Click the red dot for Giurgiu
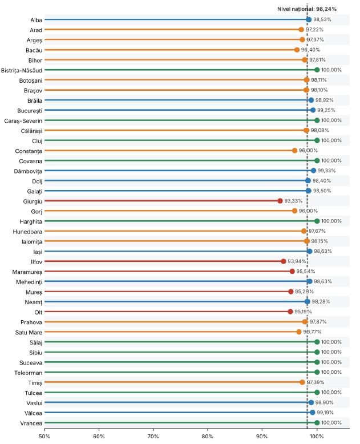pos(280,201)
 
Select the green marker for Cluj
pos(317,140)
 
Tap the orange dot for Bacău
pos(297,50)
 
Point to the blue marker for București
pos(313,110)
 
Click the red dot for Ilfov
pos(284,261)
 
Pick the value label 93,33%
pos(293,201)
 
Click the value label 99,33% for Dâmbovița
pos(326,171)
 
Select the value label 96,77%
pos(312,332)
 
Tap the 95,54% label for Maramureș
pos(306,271)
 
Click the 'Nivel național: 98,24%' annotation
pos(307,9)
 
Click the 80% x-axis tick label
pos(208,437)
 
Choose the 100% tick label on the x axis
pos(317,437)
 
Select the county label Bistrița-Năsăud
pos(22,71)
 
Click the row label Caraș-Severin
pos(23,121)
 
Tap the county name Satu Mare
pos(29,333)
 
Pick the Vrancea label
pos(31,423)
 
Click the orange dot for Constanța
pos(294,150)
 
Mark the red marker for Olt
pos(290,312)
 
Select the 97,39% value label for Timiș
pos(315,382)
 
